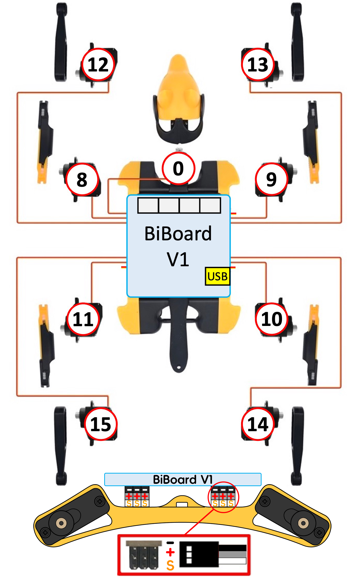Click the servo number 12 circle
98,64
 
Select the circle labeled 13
258,64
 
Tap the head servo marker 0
178,168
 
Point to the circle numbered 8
82,180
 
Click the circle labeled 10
272,319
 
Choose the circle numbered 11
83,319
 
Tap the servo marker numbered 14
258,424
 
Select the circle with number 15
101,424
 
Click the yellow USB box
217,276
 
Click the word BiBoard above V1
178,234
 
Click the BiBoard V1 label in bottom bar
182,480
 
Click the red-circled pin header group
223,497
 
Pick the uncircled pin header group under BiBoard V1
137,497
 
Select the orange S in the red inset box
170,566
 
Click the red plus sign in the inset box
170,552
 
